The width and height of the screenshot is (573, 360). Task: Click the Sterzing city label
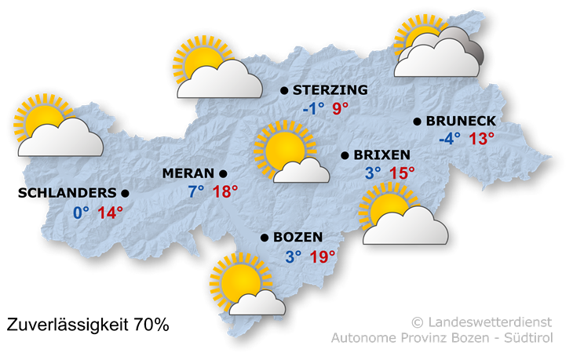[x=330, y=90]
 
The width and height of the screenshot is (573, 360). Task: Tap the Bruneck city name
[x=461, y=121]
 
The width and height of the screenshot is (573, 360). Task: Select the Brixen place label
[x=381, y=155]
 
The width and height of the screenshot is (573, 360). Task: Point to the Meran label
[x=188, y=173]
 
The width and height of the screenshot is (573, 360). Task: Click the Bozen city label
[x=297, y=237]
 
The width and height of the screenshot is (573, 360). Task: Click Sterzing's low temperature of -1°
[x=313, y=108]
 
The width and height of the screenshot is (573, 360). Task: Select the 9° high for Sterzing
[x=341, y=108]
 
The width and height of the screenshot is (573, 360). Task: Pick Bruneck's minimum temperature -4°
[x=450, y=139]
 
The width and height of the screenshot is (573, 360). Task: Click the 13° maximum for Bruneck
[x=482, y=139]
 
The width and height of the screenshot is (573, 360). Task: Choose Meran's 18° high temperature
[x=224, y=191]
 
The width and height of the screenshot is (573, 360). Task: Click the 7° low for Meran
[x=195, y=191]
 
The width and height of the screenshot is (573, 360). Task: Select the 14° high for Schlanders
[x=110, y=212]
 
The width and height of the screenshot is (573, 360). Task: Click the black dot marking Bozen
[x=264, y=237]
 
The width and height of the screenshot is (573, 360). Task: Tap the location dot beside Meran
[x=223, y=173]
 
